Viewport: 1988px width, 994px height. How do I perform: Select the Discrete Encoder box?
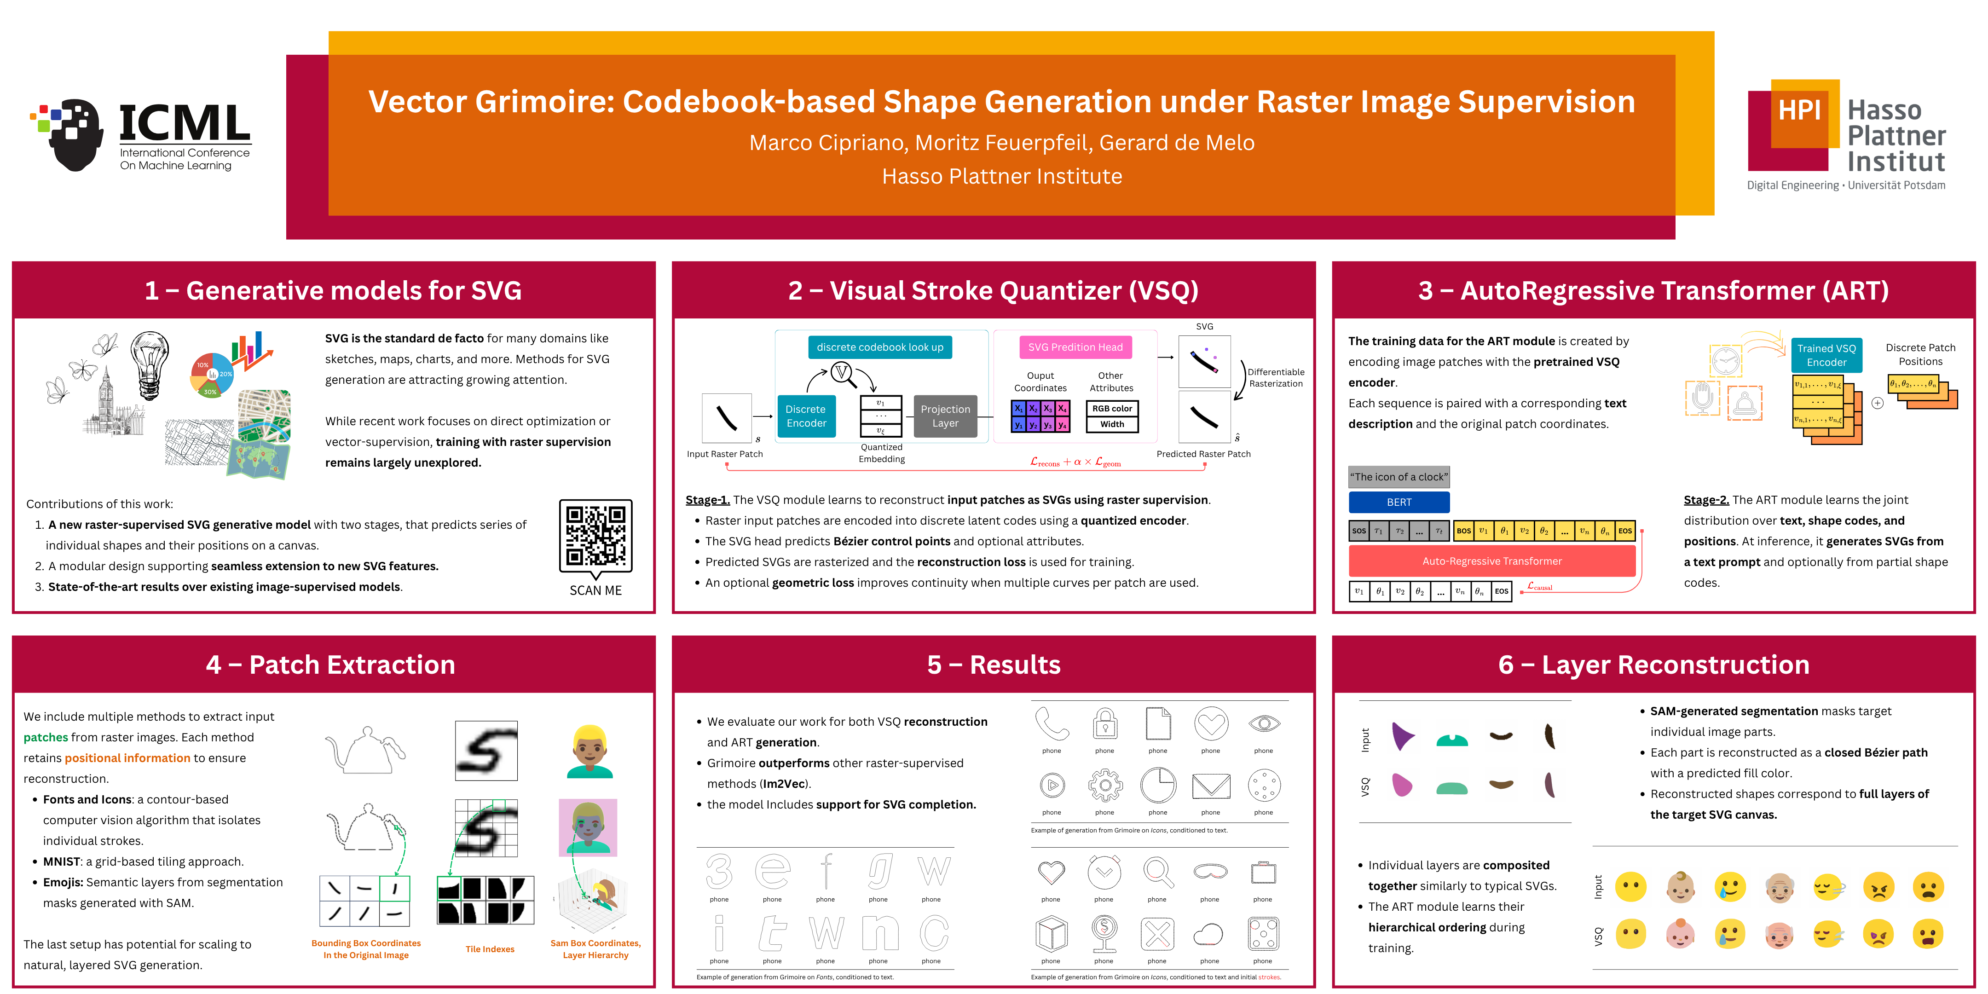pos(806,416)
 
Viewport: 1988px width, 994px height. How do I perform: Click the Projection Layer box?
pos(945,416)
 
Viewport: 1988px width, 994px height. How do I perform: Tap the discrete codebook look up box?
pos(880,347)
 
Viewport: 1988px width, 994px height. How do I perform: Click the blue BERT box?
pos(1399,503)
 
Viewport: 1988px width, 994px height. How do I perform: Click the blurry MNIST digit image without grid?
pos(486,750)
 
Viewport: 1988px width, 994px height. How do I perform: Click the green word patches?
pos(46,737)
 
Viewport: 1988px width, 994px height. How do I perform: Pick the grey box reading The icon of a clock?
pos(1399,477)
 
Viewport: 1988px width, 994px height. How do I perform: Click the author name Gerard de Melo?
pos(1176,143)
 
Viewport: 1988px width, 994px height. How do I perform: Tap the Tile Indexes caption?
pos(489,949)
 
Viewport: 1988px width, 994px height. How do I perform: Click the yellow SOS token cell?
pos(1358,531)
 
